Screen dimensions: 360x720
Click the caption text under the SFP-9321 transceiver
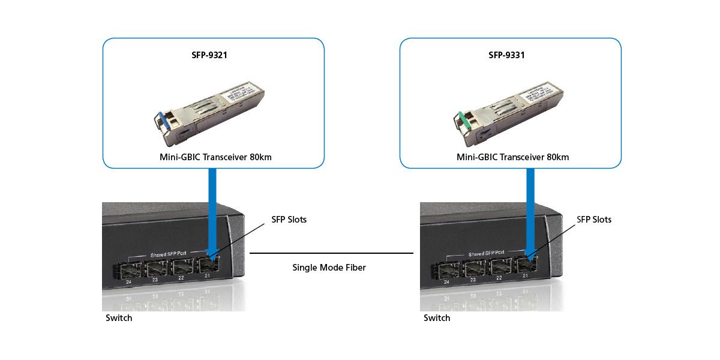click(x=213, y=157)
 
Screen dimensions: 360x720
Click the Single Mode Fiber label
click(x=329, y=268)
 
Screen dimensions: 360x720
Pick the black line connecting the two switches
click(x=331, y=253)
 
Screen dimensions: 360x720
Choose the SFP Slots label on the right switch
click(x=594, y=220)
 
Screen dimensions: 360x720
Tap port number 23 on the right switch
click(x=473, y=280)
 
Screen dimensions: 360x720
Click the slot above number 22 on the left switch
click(x=181, y=268)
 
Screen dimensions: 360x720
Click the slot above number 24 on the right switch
click(x=448, y=269)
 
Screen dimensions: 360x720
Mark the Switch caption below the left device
click(x=119, y=318)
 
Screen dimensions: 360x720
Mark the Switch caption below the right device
click(x=437, y=318)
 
